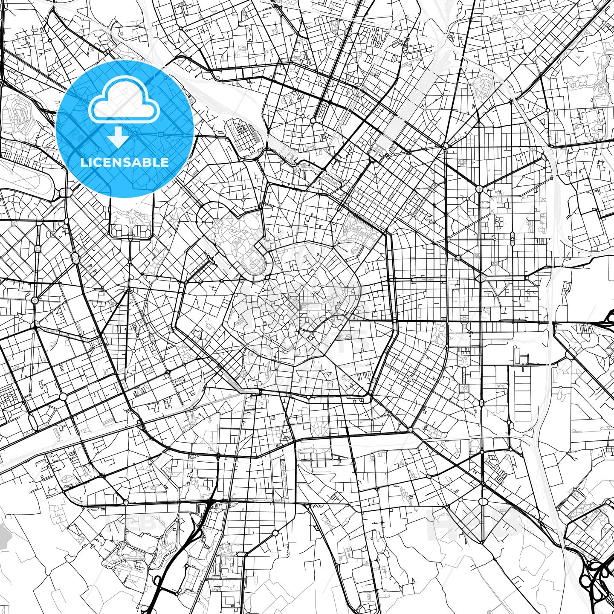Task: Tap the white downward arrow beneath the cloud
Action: click(x=118, y=137)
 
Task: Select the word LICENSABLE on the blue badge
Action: click(x=125, y=162)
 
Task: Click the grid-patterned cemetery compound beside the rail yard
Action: click(x=243, y=134)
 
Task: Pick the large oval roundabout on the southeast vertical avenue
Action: click(x=483, y=502)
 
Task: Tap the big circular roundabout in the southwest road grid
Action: click(x=63, y=397)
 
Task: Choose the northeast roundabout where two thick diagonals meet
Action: click(x=479, y=188)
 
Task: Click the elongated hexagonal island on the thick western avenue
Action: click(x=75, y=258)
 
